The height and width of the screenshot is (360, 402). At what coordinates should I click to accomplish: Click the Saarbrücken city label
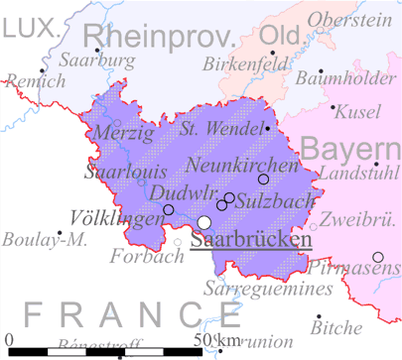pos(251,239)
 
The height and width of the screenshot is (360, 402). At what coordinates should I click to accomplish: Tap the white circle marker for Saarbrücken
pos(204,222)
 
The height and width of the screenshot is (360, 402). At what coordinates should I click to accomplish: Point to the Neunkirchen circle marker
pos(263,180)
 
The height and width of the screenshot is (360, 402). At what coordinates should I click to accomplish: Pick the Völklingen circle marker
pos(168,210)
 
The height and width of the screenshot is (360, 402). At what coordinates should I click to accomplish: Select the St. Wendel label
pos(218,128)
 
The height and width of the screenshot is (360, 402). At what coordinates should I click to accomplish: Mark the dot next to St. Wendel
pos(268,128)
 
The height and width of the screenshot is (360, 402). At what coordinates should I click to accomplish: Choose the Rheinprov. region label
pos(167,38)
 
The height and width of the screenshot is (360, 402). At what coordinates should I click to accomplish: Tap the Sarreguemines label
pos(267,290)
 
